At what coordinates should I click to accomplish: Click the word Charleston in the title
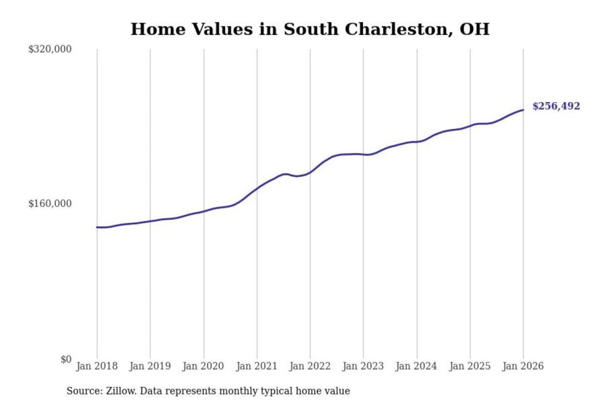point(398,29)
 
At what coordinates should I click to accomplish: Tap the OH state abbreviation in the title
point(474,29)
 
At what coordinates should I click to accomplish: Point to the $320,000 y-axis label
point(50,49)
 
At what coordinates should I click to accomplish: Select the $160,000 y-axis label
point(50,204)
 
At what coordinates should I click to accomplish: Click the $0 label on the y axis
point(66,359)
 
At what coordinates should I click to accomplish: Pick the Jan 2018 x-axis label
point(97,366)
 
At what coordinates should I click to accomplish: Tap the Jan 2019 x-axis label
point(150,366)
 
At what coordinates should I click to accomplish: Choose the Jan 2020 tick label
point(203,366)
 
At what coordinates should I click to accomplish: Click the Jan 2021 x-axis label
point(257,366)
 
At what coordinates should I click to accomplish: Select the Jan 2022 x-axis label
point(310,366)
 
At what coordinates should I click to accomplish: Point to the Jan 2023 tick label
point(363,366)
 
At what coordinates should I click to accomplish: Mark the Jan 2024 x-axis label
point(416,366)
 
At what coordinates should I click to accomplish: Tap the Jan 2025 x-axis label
point(470,366)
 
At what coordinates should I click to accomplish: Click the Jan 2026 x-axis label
point(523,366)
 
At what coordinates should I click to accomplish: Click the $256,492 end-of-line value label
point(556,106)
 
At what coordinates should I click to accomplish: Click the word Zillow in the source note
point(121,391)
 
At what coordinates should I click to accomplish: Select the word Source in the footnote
point(84,391)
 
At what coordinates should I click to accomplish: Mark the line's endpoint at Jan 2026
point(523,110)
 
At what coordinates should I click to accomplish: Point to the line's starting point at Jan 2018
point(97,227)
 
